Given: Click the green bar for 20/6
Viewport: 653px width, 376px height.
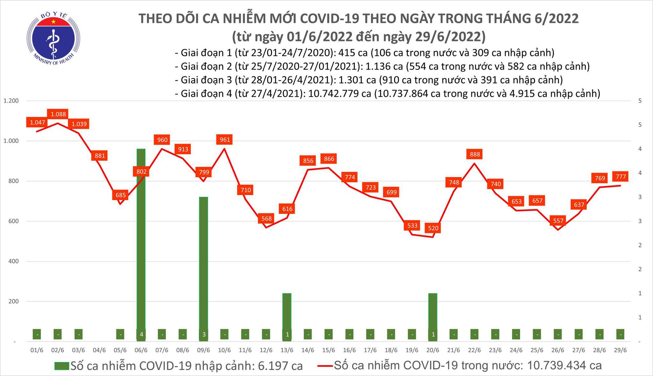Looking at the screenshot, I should (x=433, y=313).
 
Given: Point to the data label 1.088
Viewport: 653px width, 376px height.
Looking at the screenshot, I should (x=58, y=114).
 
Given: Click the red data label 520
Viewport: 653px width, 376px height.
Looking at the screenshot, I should (x=433, y=228).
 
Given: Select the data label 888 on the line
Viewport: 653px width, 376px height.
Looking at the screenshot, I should (x=475, y=154).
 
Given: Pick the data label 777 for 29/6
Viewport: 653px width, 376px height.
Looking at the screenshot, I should (x=620, y=177).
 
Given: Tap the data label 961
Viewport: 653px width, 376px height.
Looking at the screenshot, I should (x=225, y=140).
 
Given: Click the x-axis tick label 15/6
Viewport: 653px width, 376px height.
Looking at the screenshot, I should (x=328, y=350).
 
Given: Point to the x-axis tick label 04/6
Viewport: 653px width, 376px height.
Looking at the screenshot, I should (x=99, y=350).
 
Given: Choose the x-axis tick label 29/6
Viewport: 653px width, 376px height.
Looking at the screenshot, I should (x=620, y=350).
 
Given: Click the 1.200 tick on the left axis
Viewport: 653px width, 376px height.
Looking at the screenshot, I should (x=11, y=101).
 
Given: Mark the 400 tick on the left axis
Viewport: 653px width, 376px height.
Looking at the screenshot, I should (x=14, y=261).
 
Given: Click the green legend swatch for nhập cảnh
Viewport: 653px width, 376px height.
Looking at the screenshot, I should (x=62, y=366).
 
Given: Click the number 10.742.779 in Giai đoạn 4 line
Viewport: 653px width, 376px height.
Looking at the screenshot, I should (x=340, y=94).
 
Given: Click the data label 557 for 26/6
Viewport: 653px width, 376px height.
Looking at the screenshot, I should (x=558, y=221).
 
